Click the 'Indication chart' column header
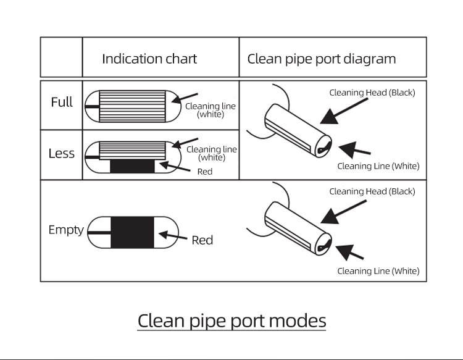point(149,59)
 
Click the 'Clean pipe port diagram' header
point(322,59)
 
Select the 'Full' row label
point(62,102)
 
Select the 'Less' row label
point(62,153)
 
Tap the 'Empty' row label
point(66,230)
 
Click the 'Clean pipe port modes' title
point(231,321)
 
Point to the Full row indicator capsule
point(130,106)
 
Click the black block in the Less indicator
point(132,165)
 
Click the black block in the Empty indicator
point(132,232)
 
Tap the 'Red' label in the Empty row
point(202,240)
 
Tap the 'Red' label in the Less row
point(205,172)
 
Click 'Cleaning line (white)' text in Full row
point(211,110)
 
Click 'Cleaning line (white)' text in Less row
point(212,153)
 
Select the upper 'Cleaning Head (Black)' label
point(372,93)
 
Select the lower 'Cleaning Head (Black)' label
point(372,191)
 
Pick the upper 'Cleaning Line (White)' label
point(378,165)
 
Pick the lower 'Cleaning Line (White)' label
point(378,271)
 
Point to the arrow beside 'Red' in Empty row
point(173,236)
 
